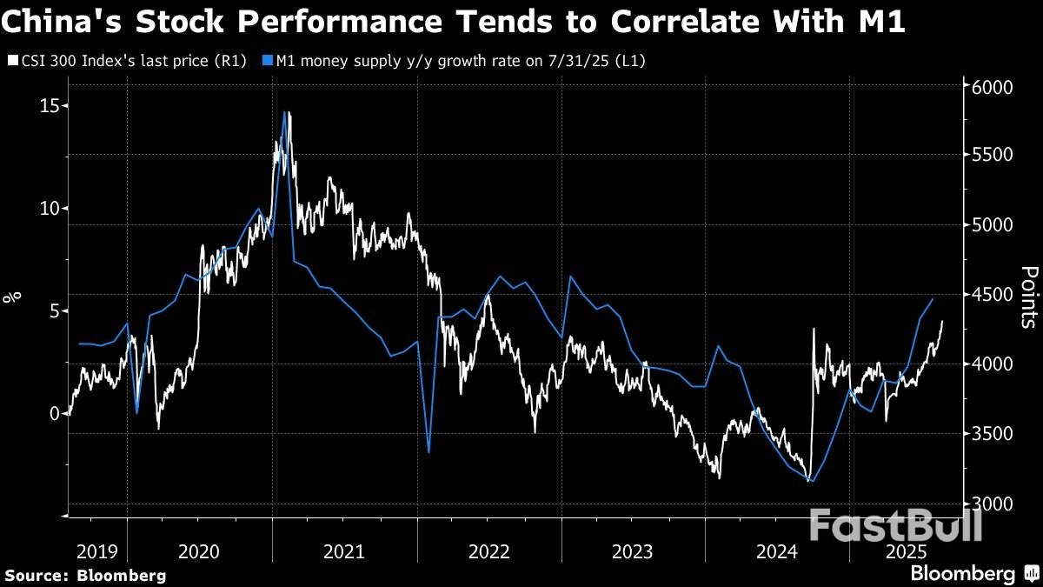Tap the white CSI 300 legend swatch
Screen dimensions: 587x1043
tap(11, 61)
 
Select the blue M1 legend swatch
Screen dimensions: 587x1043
tap(268, 61)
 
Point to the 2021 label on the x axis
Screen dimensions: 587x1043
tap(344, 550)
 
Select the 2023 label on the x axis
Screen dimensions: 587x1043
tap(633, 550)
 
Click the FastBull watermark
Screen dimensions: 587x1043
tap(895, 526)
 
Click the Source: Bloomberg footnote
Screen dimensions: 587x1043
tap(85, 575)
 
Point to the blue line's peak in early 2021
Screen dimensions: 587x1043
tap(285, 112)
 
